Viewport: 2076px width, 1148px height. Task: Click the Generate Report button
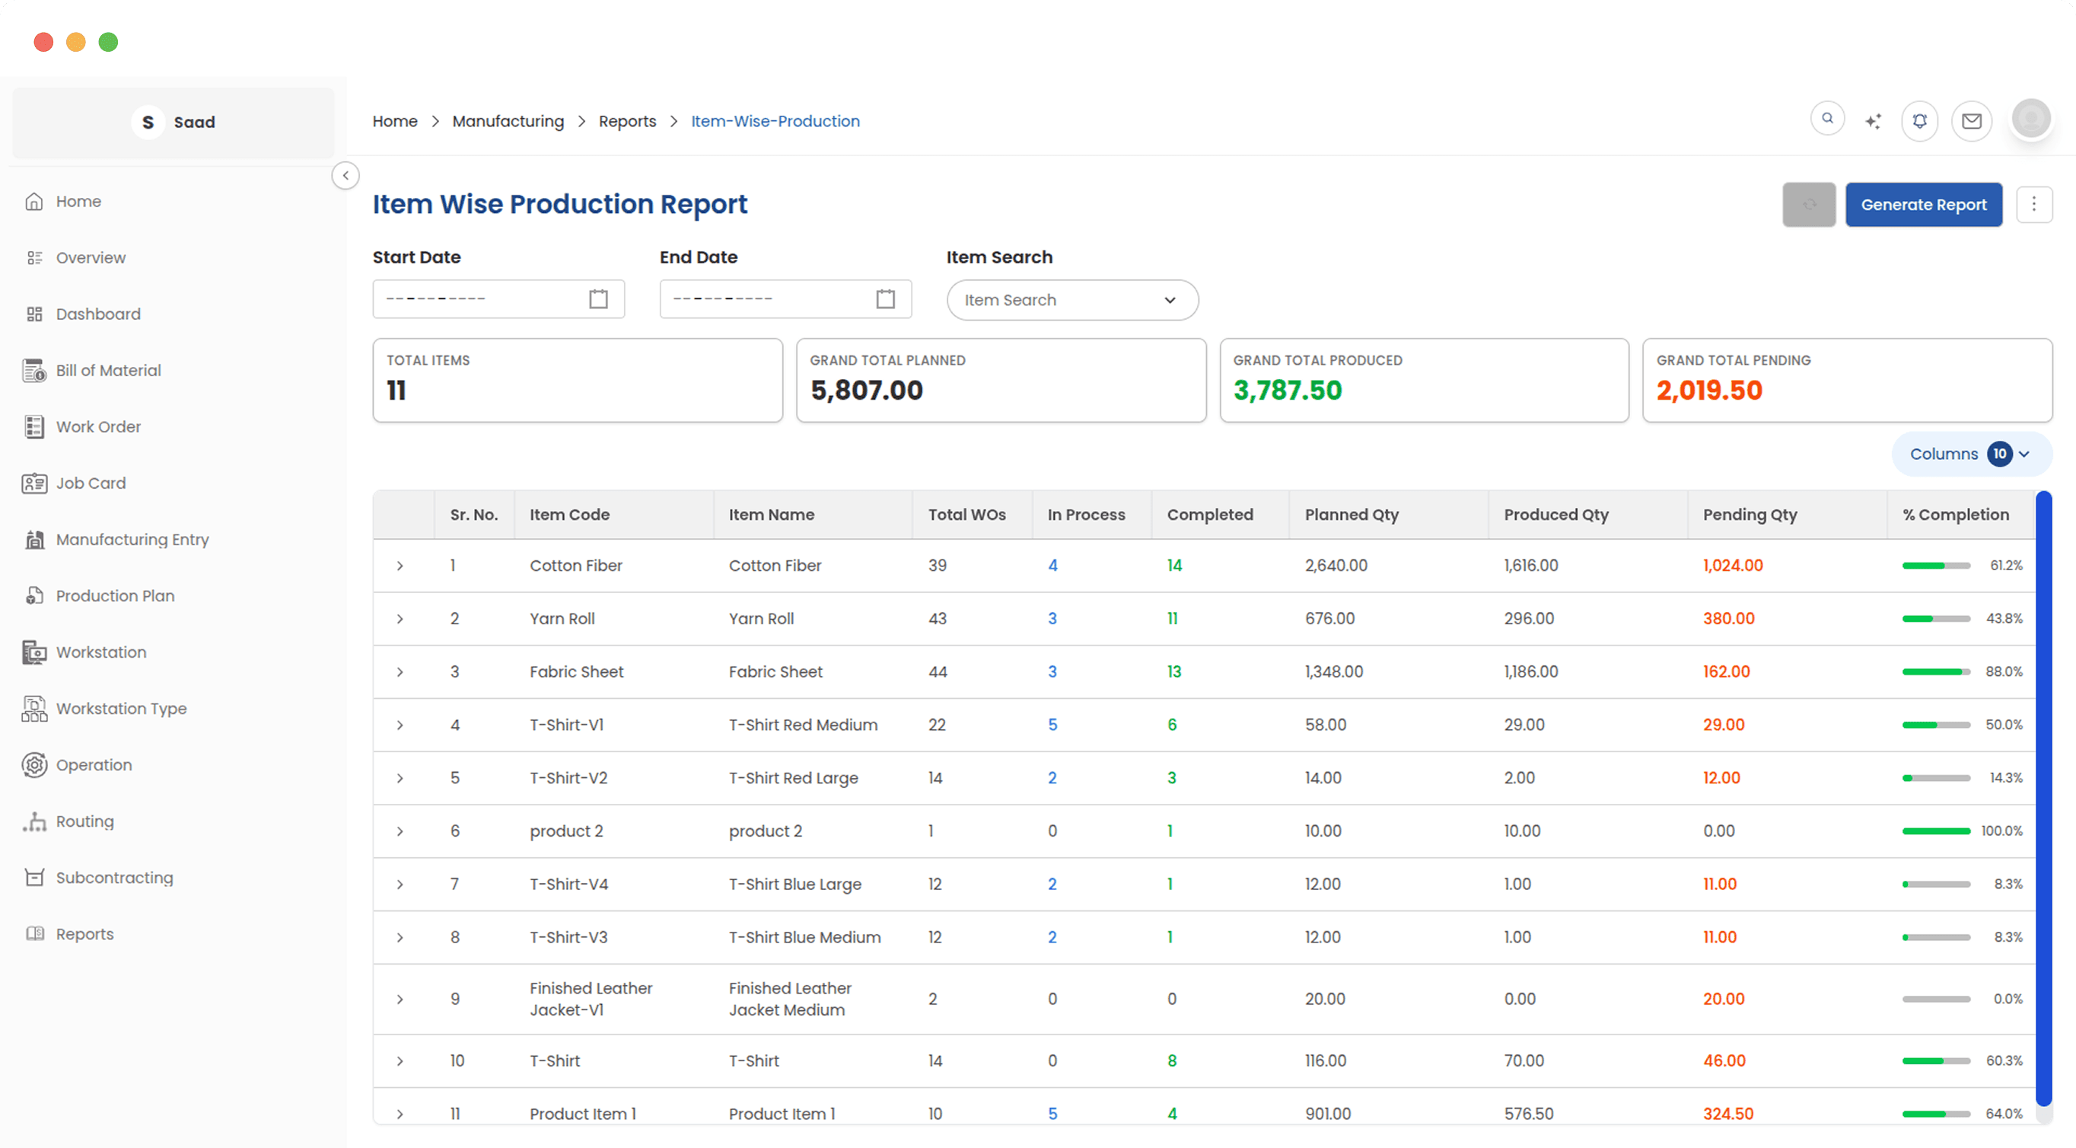(1923, 205)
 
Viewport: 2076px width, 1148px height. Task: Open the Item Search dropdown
(1071, 300)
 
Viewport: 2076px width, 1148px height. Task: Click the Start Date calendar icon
(598, 299)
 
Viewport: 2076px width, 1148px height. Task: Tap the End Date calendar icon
(885, 299)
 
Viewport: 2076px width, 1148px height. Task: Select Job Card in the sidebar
(91, 483)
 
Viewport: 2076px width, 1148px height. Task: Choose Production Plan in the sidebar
(114, 596)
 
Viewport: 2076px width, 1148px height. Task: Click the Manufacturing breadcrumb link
(508, 121)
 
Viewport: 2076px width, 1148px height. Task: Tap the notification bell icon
(1920, 121)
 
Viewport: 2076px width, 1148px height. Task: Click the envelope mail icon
(1971, 121)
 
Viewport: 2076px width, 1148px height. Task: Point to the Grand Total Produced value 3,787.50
(1287, 391)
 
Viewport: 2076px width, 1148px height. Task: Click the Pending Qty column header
(1750, 515)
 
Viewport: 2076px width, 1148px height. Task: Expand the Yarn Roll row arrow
(400, 619)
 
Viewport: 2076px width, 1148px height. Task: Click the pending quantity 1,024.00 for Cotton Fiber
(1733, 565)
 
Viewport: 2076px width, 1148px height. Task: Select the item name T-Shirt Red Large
(793, 778)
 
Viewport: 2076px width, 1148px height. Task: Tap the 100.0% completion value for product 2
(2001, 831)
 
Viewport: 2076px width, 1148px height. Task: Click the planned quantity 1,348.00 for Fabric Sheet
(1334, 671)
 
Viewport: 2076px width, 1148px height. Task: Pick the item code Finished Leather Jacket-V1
(590, 999)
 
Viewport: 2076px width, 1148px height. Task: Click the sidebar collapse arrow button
(345, 176)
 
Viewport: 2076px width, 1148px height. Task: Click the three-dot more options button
(2033, 205)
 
